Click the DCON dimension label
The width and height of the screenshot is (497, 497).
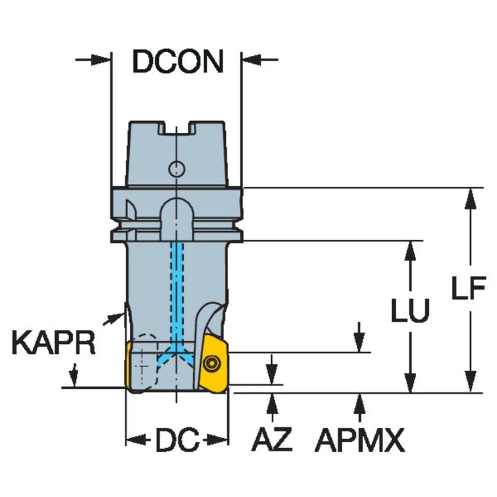(x=177, y=61)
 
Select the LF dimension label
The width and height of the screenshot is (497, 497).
(x=468, y=289)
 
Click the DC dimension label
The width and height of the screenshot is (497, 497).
(x=177, y=441)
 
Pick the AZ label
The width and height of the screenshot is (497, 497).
(x=272, y=441)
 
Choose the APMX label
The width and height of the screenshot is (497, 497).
(x=360, y=441)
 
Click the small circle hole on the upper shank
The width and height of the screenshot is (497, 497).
(x=176, y=169)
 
